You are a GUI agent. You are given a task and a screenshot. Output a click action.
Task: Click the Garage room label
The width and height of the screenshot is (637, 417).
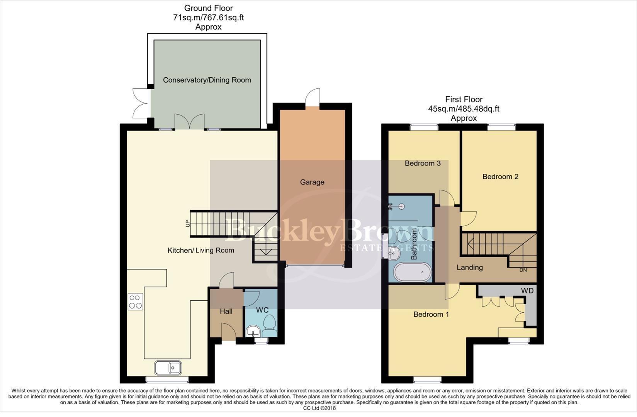point(312,182)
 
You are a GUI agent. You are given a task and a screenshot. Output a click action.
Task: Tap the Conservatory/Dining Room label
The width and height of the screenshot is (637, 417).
point(207,80)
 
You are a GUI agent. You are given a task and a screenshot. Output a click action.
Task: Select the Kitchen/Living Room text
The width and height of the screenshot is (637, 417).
point(200,250)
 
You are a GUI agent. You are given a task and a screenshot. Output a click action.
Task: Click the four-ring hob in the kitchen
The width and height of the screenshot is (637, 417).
point(135,302)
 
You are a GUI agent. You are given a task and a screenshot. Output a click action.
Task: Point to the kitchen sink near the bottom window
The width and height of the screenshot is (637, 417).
point(168,368)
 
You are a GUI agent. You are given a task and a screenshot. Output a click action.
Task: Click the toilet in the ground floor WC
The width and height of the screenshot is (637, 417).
point(269,326)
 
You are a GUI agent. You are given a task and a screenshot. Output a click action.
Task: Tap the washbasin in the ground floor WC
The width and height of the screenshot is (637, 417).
point(253,331)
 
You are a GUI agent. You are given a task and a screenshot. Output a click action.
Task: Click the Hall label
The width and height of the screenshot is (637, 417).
point(226,311)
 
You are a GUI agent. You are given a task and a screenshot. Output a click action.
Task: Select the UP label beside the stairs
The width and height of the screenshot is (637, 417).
point(188,223)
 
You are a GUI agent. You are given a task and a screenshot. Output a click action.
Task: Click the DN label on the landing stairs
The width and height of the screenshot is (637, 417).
point(523,270)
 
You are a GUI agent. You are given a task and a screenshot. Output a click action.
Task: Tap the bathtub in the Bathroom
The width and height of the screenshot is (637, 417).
point(412,273)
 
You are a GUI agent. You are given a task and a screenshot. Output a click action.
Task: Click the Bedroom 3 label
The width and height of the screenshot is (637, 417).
point(423,163)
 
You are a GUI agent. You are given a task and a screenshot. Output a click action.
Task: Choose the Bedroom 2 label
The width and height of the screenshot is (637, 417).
point(500,176)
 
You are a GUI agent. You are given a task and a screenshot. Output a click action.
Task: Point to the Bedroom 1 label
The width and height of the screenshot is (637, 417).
point(431,314)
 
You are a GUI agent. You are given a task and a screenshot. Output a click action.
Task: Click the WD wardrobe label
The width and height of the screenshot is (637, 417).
point(527,291)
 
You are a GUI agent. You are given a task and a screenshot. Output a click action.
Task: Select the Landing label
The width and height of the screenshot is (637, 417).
point(469,267)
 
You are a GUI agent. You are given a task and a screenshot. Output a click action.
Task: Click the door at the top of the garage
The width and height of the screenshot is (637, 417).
point(312,98)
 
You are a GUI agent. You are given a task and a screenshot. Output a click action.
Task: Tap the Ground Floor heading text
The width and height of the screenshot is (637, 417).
point(208,8)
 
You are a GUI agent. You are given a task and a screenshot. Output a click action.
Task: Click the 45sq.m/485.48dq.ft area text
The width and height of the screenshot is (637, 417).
point(464,109)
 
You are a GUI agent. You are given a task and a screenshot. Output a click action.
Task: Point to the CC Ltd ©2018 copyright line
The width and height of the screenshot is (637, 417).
point(319,408)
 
